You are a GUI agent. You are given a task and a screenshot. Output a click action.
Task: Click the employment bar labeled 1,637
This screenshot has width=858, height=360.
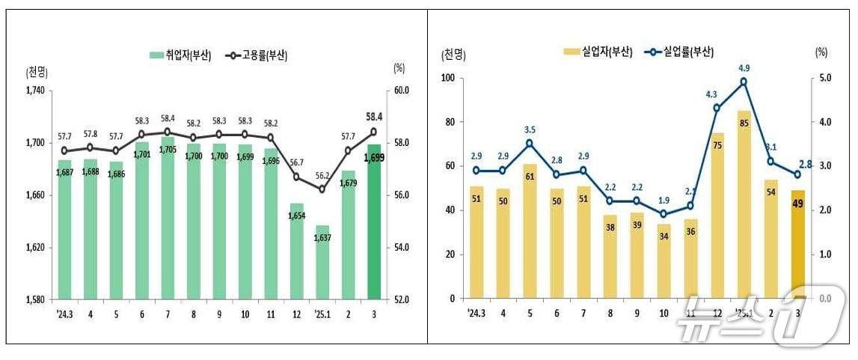pos(322,262)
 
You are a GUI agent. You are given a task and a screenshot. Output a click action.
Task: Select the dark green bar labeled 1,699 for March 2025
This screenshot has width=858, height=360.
pos(373,225)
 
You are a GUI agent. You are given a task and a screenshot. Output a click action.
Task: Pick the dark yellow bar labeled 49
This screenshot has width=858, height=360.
pos(798,247)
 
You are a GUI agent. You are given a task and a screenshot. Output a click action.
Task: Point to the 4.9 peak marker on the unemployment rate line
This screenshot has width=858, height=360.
pos(743,82)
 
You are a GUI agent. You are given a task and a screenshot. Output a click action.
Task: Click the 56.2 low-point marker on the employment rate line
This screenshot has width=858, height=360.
pos(322,189)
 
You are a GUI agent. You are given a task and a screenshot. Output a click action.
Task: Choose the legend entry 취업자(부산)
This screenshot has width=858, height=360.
pos(180,55)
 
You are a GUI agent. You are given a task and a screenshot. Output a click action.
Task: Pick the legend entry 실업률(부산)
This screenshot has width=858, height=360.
pos(677,52)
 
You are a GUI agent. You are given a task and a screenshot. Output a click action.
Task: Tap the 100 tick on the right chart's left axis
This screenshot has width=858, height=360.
pos(448,78)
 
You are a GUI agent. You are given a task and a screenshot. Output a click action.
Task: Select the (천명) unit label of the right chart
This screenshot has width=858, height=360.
pos(454,54)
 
